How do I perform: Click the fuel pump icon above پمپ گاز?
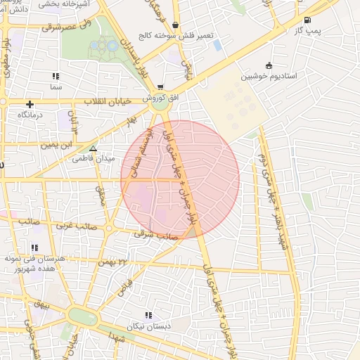click(x=307, y=20)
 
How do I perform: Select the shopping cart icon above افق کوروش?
click(x=161, y=87)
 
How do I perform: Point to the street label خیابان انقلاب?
click(x=108, y=102)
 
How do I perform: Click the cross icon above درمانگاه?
click(x=30, y=103)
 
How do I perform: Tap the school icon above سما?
click(x=56, y=75)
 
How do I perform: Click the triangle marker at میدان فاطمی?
click(x=93, y=148)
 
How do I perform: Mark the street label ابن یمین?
click(x=56, y=145)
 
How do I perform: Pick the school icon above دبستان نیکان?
click(x=148, y=315)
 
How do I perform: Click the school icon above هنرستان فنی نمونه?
click(x=34, y=247)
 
